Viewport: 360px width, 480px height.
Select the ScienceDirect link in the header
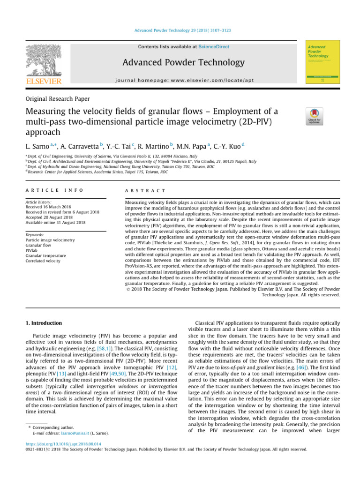pos(211,47)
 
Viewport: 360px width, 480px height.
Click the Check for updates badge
pos(314,117)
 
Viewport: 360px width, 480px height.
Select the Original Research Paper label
pos(58,99)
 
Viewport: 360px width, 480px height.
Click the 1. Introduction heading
pos(43,323)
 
